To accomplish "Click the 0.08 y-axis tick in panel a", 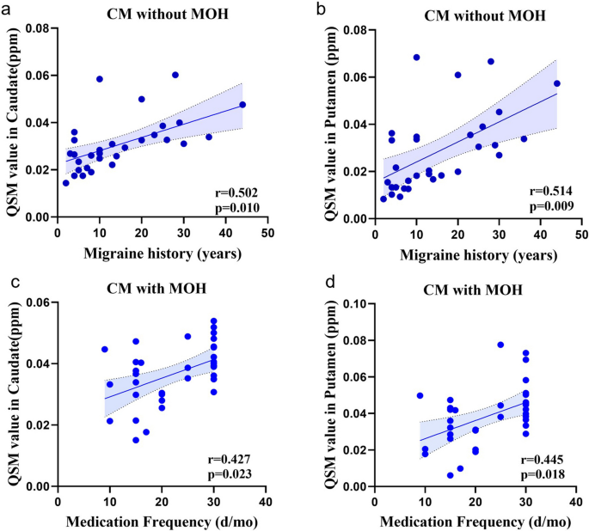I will coord(34,30).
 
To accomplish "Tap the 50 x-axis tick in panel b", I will coord(581,235).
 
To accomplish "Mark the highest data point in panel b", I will coord(416,58).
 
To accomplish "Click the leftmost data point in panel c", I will coord(105,349).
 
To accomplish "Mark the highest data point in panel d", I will coord(500,345).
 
